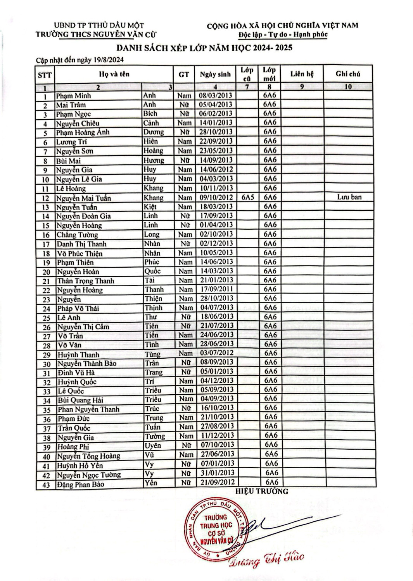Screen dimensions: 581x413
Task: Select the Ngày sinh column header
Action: click(215, 74)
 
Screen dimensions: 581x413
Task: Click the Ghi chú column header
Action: click(348, 74)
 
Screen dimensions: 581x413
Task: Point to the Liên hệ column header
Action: click(302, 74)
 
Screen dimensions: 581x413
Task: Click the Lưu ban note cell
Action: click(349, 197)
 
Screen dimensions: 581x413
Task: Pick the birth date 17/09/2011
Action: click(216, 289)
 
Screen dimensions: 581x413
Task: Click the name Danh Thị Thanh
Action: click(81, 244)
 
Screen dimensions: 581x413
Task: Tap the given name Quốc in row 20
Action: click(152, 271)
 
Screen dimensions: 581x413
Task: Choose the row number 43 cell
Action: click(46, 485)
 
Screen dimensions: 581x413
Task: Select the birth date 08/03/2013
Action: click(215, 95)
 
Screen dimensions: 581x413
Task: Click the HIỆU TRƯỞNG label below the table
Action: click(262, 492)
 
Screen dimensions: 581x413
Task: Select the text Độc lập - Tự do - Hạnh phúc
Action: click(283, 34)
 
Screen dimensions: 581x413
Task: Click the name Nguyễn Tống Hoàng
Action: click(89, 456)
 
